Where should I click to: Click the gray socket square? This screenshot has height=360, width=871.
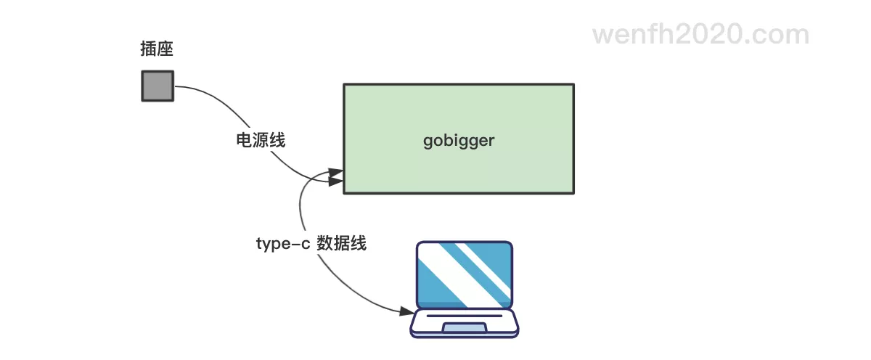click(x=157, y=86)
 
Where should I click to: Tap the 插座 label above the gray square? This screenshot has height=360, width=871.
click(x=157, y=49)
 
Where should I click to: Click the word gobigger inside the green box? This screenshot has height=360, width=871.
click(x=458, y=140)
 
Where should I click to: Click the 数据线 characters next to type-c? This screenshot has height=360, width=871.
click(x=342, y=243)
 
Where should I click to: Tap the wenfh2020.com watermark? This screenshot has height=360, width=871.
click(x=700, y=34)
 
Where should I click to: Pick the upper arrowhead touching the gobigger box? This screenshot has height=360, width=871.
click(x=336, y=173)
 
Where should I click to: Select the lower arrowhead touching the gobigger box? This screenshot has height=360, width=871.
click(x=336, y=181)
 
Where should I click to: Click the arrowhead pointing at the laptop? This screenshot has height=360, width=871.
click(x=406, y=311)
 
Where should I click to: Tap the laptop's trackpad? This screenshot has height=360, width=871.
click(x=464, y=330)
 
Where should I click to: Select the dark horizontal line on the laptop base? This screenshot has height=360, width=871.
click(x=464, y=316)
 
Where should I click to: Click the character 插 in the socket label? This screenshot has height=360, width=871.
click(x=148, y=49)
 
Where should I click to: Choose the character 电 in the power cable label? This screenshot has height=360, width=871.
click(x=245, y=140)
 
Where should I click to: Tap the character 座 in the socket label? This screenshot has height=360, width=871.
click(x=165, y=49)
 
